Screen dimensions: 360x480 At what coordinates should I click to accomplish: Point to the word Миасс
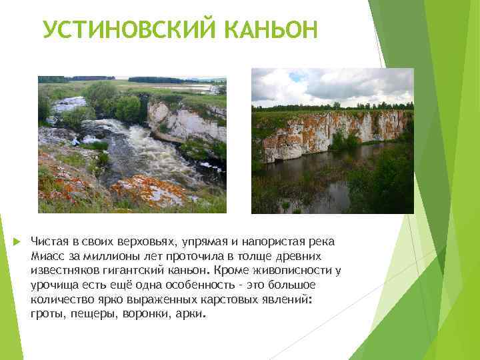[47, 256]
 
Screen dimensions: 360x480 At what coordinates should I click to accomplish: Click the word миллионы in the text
[105, 256]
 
